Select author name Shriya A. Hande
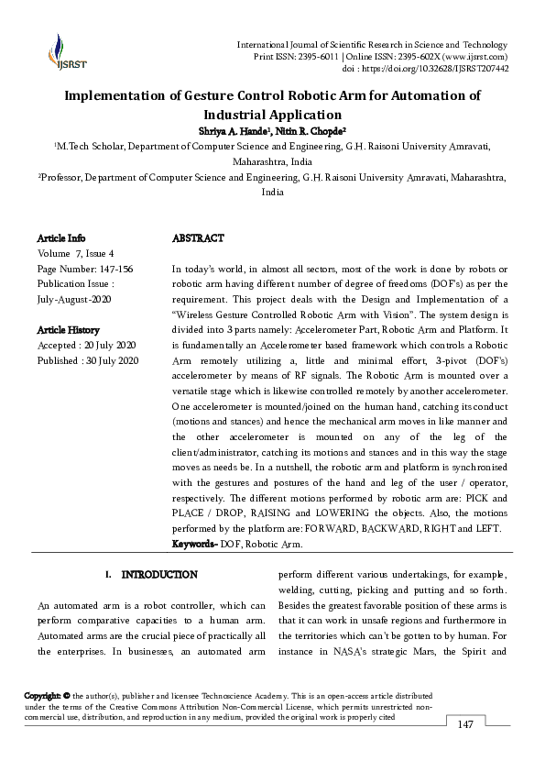[x=234, y=130]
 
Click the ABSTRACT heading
[x=198, y=238]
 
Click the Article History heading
[x=69, y=330]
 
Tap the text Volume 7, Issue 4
[x=76, y=253]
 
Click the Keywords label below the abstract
[x=194, y=545]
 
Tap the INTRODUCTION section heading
[x=159, y=575]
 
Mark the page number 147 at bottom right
[x=465, y=725]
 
